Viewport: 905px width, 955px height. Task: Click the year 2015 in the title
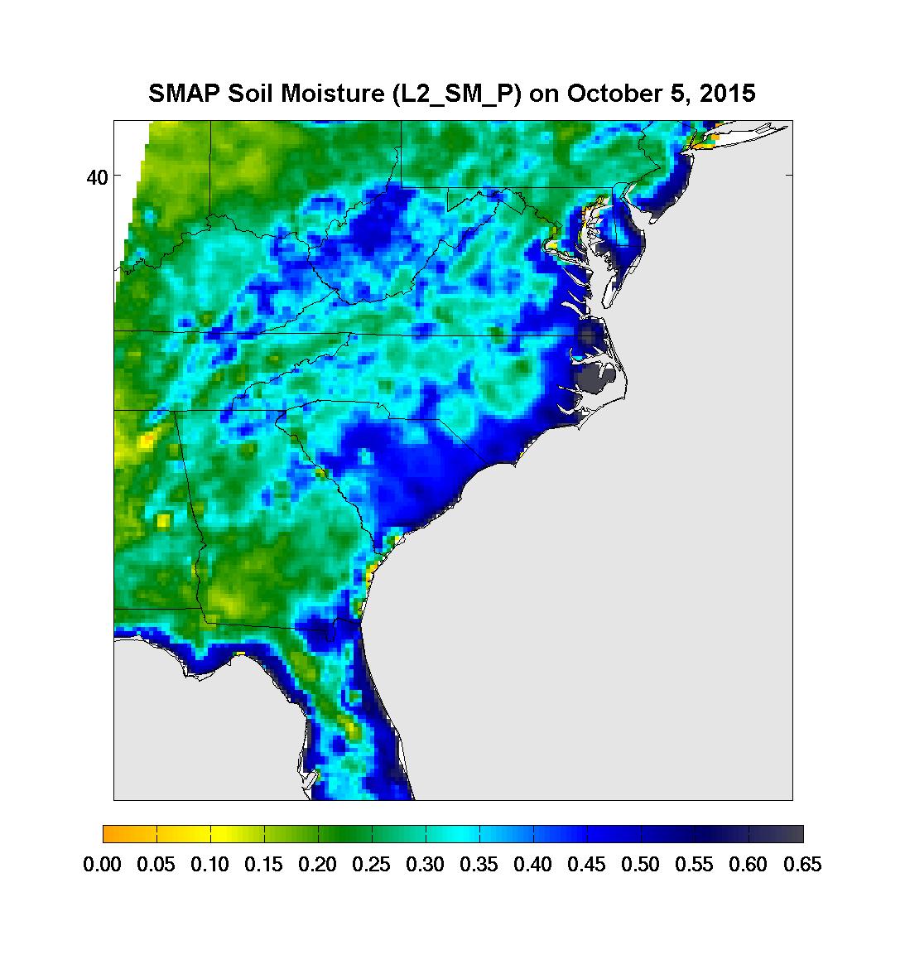point(726,94)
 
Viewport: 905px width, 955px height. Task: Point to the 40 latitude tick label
point(98,176)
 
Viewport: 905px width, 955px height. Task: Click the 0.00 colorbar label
point(103,866)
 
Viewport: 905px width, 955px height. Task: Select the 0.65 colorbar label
point(802,866)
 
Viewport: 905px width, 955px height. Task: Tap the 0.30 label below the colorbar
point(426,866)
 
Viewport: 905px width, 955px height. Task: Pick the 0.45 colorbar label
point(587,866)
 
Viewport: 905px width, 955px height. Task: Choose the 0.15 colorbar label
point(264,866)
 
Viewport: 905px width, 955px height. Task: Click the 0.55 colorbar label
point(695,866)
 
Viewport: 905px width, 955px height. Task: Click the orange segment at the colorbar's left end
point(116,834)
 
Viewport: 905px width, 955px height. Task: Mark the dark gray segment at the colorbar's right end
point(790,834)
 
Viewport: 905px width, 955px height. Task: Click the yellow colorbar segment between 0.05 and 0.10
point(184,834)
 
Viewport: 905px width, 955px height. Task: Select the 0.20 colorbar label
point(318,866)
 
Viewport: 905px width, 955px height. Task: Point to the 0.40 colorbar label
point(533,866)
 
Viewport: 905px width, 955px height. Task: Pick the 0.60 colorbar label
point(749,866)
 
